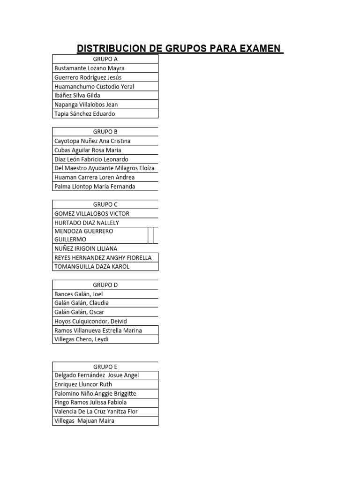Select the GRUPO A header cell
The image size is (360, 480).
[105, 59]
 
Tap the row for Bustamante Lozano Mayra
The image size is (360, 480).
[90, 68]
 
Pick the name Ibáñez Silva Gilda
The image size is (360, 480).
[77, 96]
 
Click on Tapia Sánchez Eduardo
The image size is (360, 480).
[85, 114]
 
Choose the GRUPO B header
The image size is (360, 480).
[105, 132]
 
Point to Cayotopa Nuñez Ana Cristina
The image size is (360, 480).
[92, 141]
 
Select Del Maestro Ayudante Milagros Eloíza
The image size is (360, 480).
[105, 168]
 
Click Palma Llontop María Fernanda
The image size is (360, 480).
[95, 187]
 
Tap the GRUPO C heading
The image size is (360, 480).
[105, 204]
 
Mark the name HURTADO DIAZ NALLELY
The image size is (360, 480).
[87, 223]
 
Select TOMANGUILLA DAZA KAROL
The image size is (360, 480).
[92, 267]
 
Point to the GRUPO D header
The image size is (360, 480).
[105, 285]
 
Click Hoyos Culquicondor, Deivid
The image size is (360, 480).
[91, 322]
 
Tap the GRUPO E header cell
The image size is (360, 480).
[105, 367]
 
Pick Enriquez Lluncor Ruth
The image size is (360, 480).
[83, 384]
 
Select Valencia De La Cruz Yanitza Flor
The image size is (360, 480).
[96, 412]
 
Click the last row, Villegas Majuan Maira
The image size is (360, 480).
[84, 421]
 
